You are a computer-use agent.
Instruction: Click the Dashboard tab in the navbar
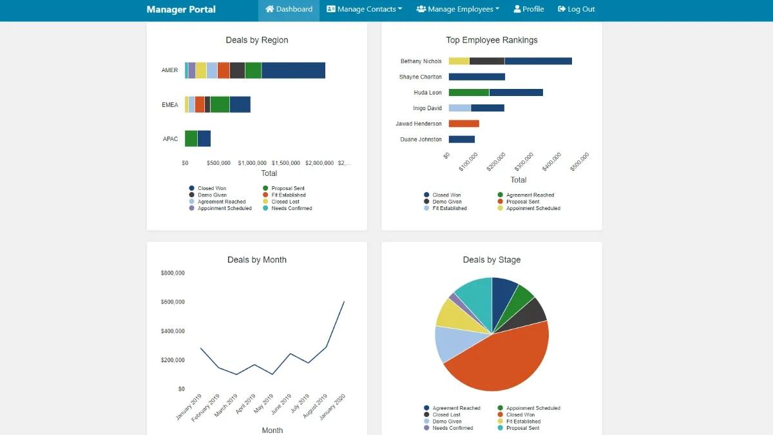click(289, 10)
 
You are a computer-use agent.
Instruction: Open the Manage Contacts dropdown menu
click(364, 10)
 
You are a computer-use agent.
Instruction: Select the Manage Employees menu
click(457, 10)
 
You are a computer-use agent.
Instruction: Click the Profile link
click(528, 10)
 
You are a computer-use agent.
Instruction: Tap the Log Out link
click(576, 10)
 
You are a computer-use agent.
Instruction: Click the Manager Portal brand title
click(181, 10)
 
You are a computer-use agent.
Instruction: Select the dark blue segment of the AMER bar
click(293, 70)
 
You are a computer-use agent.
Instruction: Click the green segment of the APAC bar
click(191, 139)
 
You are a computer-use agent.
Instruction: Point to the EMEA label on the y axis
click(170, 105)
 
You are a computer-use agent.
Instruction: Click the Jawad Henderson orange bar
click(464, 124)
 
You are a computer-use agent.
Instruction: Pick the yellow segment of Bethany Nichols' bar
click(459, 61)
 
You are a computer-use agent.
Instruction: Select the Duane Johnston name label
click(421, 140)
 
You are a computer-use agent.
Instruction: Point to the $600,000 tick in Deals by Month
click(173, 302)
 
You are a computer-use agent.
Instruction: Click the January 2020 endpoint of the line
click(344, 301)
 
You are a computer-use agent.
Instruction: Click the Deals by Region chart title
click(257, 40)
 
